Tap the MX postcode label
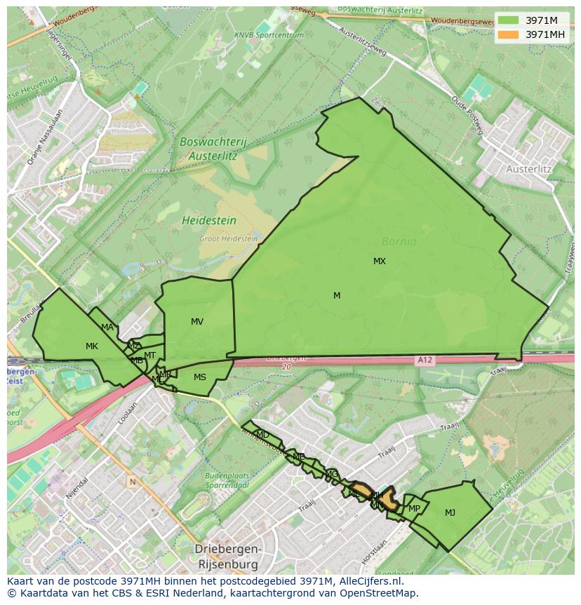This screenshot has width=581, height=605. [380, 261]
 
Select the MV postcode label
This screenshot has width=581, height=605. [197, 322]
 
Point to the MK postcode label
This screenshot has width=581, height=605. [92, 346]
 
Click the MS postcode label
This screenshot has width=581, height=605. [200, 377]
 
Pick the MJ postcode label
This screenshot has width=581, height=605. [450, 513]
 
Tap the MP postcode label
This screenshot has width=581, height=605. [414, 509]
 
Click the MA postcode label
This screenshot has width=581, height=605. [107, 327]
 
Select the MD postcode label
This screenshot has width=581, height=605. [262, 435]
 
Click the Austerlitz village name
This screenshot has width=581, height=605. [528, 169]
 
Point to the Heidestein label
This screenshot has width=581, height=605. [209, 221]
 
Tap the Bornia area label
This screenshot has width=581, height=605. [399, 242]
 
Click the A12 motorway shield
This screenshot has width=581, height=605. [424, 360]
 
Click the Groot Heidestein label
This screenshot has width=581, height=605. [229, 239]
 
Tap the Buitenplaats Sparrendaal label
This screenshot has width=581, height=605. [228, 480]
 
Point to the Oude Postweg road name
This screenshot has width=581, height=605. [467, 115]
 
